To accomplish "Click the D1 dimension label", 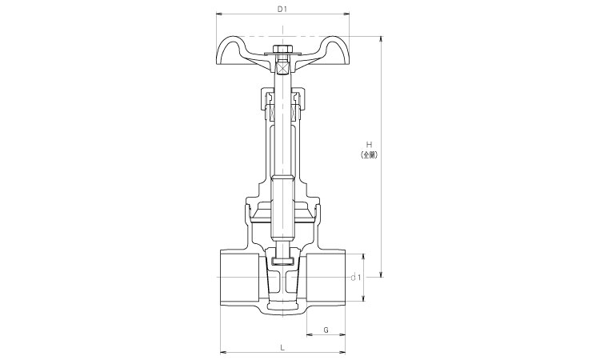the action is [282, 10].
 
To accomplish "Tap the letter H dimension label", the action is [370, 145].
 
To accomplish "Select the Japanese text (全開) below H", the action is [370, 155].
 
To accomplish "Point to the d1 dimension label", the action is [356, 278].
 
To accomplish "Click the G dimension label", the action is [326, 330].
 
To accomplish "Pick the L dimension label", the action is [282, 347].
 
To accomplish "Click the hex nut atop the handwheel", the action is [282, 49].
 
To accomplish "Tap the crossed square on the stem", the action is [282, 68].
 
